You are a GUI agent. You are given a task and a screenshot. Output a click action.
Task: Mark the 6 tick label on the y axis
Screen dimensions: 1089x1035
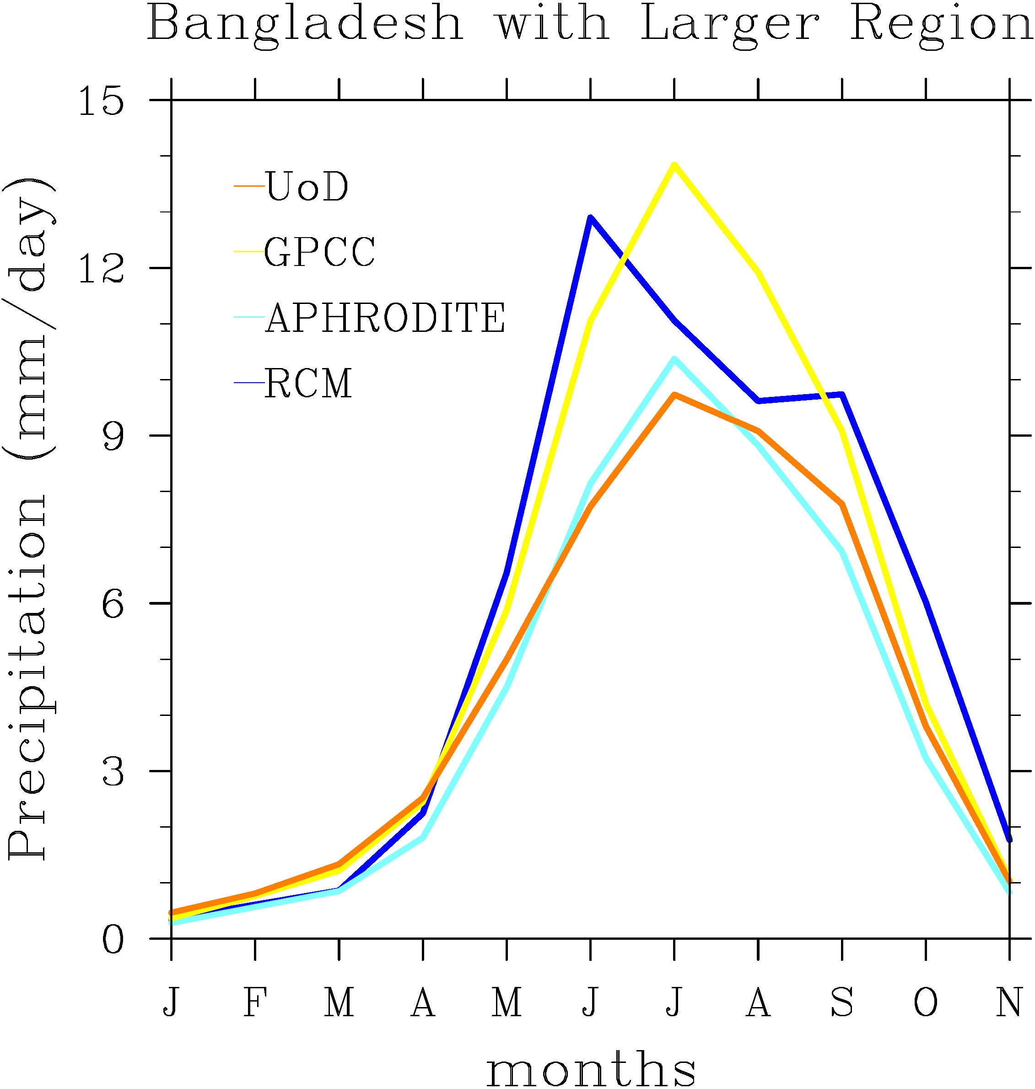(x=113, y=604)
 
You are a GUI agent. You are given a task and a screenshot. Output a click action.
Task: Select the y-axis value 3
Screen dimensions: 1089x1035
(x=113, y=771)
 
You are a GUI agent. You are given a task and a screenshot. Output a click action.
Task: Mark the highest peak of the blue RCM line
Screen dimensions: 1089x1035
(x=590, y=217)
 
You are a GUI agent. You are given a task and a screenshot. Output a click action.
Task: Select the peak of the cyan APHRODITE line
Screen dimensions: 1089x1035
(x=674, y=359)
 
